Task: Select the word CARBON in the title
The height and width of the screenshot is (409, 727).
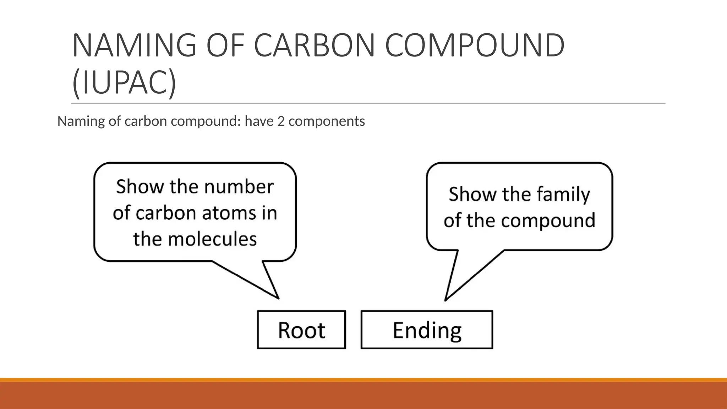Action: tap(314, 45)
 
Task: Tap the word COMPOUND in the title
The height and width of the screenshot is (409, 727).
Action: tap(475, 45)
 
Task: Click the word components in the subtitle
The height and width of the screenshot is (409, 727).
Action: tap(327, 121)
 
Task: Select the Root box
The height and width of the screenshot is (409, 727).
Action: tap(301, 330)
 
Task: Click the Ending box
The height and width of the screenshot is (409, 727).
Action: tap(427, 330)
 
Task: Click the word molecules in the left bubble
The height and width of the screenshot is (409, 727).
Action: tap(212, 239)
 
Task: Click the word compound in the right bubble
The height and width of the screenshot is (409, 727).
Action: tap(548, 220)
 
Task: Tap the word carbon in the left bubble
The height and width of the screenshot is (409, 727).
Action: tap(166, 213)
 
